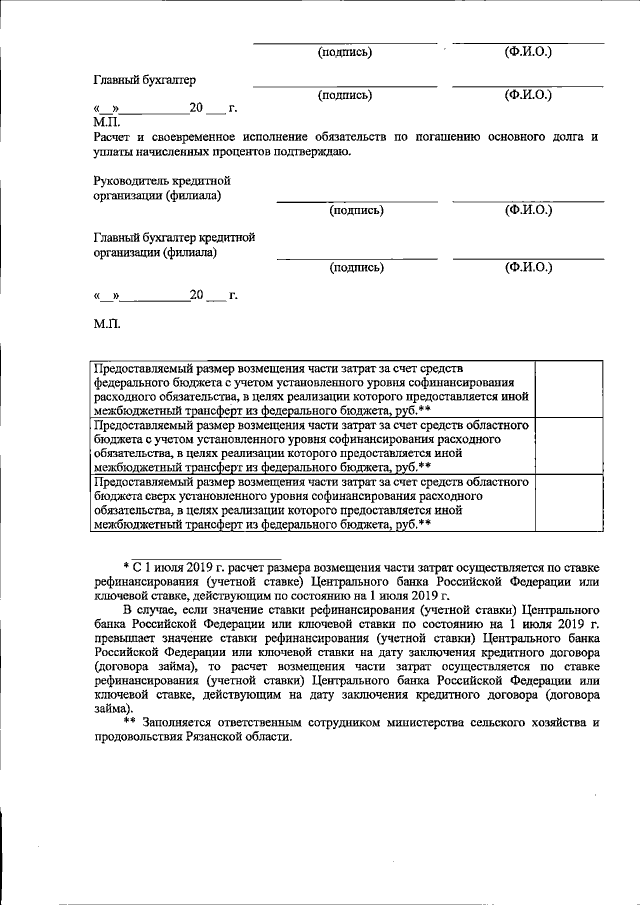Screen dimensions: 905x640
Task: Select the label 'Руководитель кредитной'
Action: point(161,181)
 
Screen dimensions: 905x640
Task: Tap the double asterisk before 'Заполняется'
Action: point(130,721)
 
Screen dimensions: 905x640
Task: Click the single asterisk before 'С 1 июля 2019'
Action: point(126,565)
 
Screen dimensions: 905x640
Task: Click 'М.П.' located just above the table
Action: point(107,325)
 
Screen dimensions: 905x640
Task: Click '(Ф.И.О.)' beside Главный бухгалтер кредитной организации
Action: point(528,267)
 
